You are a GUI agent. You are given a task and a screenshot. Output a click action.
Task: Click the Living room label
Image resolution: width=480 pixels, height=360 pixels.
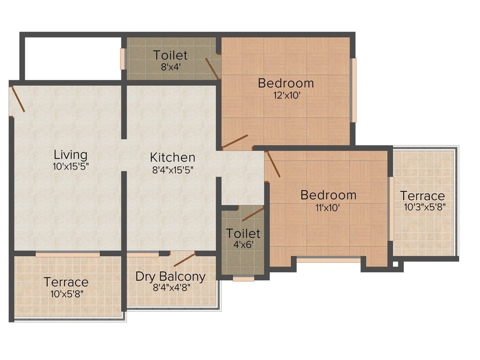[70, 155]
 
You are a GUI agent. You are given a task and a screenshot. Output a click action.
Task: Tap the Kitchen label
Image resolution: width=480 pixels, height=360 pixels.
[172, 157]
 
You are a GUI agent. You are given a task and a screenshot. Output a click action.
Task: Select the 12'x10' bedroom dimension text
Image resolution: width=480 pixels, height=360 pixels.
[286, 96]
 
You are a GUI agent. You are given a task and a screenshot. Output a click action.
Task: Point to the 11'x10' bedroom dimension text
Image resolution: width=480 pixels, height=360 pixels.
[328, 208]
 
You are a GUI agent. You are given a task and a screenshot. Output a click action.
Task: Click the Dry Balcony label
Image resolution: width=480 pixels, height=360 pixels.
[171, 277]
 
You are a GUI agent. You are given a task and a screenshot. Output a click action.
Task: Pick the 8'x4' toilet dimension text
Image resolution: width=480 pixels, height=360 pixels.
[170, 67]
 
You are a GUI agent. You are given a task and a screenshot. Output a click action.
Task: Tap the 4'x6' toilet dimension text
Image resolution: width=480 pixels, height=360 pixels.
[243, 245]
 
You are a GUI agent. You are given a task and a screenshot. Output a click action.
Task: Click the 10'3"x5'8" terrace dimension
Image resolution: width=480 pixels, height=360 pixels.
[425, 207]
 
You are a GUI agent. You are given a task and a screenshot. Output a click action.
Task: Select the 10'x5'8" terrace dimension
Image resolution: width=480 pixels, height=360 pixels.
[67, 294]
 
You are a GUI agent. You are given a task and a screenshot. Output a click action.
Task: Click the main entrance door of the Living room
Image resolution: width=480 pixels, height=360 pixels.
[17, 99]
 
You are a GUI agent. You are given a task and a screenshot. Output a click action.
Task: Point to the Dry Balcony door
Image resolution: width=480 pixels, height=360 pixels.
[184, 260]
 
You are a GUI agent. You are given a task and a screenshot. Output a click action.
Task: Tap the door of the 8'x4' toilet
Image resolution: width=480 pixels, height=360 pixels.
[212, 68]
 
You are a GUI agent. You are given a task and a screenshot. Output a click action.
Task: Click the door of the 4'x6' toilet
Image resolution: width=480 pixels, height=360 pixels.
[253, 214]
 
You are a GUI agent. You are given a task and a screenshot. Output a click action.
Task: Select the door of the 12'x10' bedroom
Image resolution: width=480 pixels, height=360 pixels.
[235, 141]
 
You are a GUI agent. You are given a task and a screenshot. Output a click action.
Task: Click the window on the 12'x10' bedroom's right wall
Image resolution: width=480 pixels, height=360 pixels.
[354, 90]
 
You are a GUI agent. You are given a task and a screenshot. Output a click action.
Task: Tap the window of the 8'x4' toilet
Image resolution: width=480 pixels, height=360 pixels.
[123, 59]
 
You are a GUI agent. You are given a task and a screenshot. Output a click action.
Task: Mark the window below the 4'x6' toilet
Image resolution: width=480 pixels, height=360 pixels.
[243, 279]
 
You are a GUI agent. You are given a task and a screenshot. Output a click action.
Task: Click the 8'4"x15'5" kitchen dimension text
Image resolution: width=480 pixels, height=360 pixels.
[172, 170]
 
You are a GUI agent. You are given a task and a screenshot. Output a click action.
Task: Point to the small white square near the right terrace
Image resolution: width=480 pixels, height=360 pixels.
[395, 264]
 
